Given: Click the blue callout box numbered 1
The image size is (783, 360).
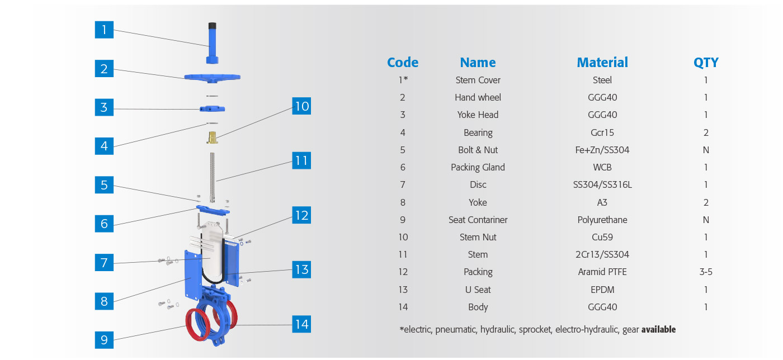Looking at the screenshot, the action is click(104, 30).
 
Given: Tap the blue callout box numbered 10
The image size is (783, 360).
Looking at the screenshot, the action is click(301, 106).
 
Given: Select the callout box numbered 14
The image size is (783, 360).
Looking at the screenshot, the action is click(301, 324).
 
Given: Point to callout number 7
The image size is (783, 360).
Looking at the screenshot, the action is click(104, 263).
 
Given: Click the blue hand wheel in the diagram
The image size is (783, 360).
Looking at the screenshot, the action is click(212, 78).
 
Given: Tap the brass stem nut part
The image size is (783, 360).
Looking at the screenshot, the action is click(212, 138).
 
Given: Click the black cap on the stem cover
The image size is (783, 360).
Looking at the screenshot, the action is click(212, 26).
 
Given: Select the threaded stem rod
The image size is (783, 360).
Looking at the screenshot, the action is click(212, 177).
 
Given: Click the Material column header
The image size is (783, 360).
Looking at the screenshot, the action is click(602, 63).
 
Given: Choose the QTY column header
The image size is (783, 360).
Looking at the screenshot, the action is click(706, 63).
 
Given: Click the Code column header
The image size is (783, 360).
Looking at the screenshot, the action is click(403, 63).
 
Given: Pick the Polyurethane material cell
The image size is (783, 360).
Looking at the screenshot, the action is click(602, 220).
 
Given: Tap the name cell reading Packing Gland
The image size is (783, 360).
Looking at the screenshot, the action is click(478, 167).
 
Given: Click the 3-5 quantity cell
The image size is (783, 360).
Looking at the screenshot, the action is click(706, 272).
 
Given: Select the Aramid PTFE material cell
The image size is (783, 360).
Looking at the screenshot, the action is click(602, 272).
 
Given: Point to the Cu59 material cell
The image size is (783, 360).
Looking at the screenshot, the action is click(602, 238).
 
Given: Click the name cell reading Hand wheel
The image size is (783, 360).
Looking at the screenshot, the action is click(478, 97).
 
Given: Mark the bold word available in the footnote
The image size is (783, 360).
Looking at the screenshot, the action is click(659, 329).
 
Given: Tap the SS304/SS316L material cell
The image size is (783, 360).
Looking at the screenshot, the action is click(602, 184).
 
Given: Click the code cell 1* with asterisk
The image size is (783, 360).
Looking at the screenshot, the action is click(403, 80).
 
